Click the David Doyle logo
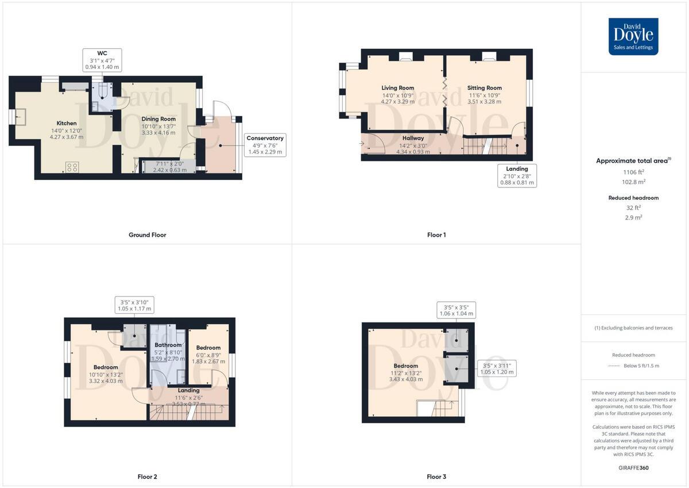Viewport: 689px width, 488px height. click(x=633, y=36)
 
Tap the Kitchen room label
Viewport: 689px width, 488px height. click(x=67, y=124)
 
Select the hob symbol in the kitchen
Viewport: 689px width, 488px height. click(x=72, y=167)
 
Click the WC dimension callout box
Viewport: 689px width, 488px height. click(x=102, y=60)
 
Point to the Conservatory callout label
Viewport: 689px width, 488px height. click(x=265, y=145)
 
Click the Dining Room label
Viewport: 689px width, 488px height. click(x=158, y=119)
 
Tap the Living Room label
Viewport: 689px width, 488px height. click(x=398, y=88)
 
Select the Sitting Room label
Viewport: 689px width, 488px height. click(x=486, y=88)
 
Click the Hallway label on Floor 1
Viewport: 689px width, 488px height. click(x=413, y=139)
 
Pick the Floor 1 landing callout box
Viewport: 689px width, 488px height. click(x=517, y=175)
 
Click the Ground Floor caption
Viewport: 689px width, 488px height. click(x=147, y=235)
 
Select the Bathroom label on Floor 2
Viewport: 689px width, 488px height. click(x=168, y=345)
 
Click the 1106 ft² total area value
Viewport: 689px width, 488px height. click(x=634, y=171)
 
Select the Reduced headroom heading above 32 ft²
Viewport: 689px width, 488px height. click(x=634, y=198)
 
